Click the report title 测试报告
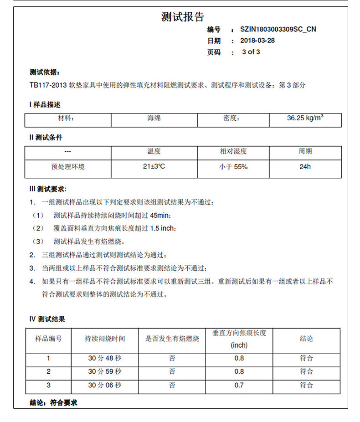point(183,17)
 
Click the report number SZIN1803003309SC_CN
point(278,29)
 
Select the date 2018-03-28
point(257,41)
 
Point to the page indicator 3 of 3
point(251,52)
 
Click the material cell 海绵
point(154,118)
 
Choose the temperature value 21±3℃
point(154,167)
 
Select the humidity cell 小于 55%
point(233,167)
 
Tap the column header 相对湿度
point(233,151)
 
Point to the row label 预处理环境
point(68,167)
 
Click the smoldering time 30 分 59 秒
point(105,371)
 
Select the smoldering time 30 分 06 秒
point(105,386)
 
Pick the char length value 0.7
point(239,386)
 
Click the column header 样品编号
point(49,339)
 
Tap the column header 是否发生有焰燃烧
point(172,339)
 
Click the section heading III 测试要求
point(48,189)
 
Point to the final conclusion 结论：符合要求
point(53,403)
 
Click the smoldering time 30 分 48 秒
point(105,358)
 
